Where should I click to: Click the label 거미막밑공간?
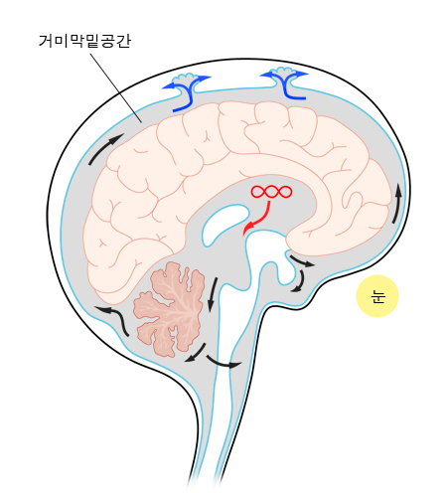coord(84,41)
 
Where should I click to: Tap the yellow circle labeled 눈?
coord(377,296)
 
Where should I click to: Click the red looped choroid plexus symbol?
coord(271,192)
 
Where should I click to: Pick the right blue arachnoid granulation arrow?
coord(285,84)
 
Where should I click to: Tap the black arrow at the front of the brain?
coord(397,204)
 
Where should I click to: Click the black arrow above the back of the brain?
coord(105,148)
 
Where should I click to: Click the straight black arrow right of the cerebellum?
coord(213,295)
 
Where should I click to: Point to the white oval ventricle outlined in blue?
coord(225,224)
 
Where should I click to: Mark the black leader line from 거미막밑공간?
coord(116,87)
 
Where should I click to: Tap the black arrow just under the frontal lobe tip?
coord(302,261)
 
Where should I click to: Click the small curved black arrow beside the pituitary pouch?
coord(299,282)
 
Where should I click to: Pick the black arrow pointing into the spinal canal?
coord(223,363)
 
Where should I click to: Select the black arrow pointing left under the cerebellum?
coord(196,353)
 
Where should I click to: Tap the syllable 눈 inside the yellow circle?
coord(377,296)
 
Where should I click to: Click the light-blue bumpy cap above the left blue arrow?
coord(186,78)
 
